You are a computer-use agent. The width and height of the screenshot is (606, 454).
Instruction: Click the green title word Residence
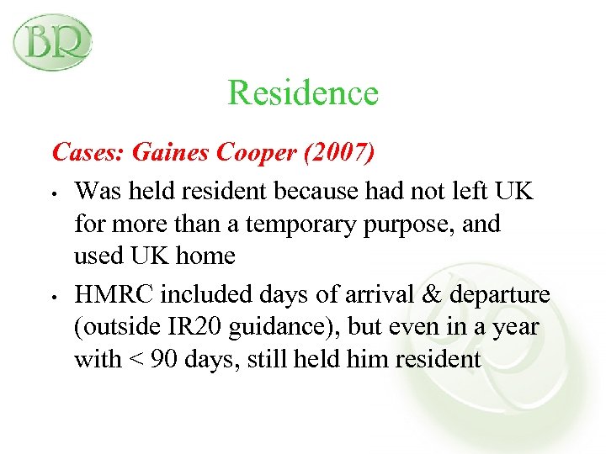(x=303, y=92)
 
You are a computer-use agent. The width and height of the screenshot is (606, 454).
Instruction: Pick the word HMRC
(x=114, y=295)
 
